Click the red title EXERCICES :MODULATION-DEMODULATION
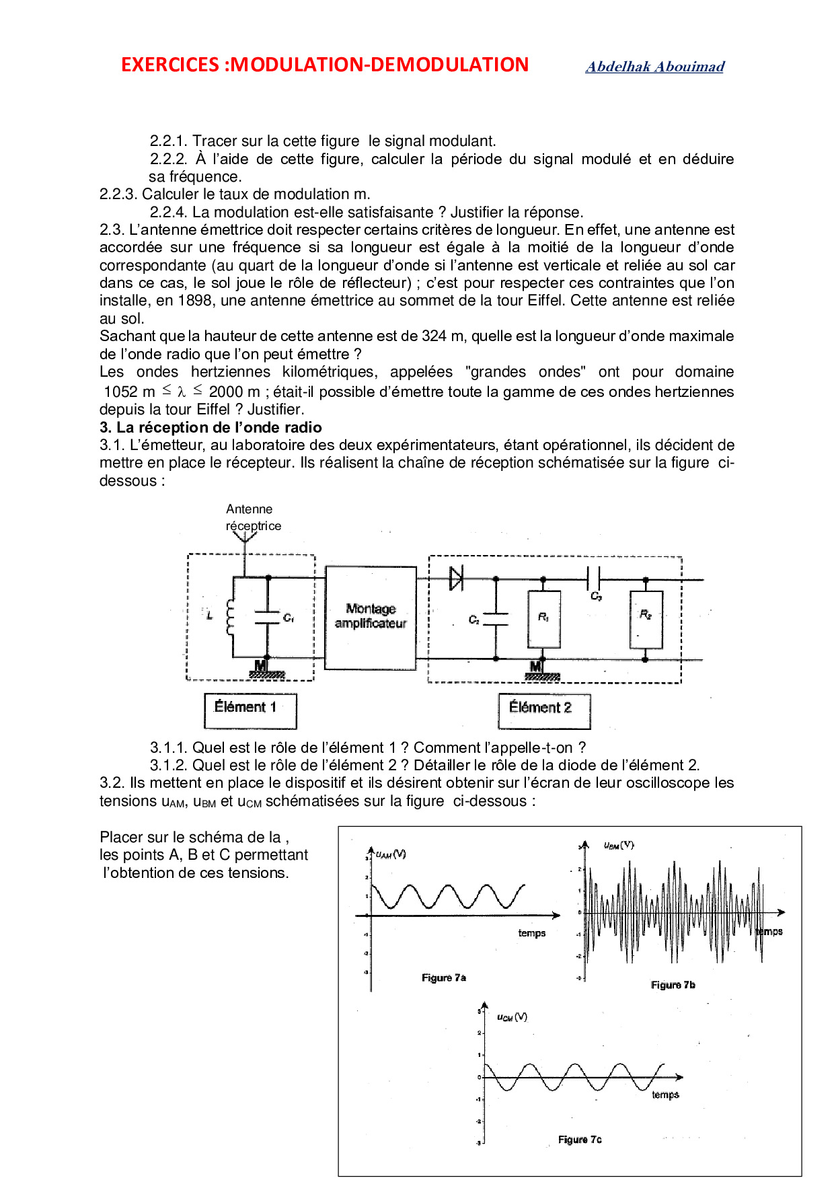point(325,65)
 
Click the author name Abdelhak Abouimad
point(654,67)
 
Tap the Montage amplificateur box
point(371,617)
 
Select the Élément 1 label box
point(250,710)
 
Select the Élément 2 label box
point(544,710)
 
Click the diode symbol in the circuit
point(456,578)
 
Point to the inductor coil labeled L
point(230,617)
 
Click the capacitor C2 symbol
point(496,619)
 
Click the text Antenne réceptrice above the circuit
point(252,517)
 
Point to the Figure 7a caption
point(444,978)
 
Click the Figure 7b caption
point(673,985)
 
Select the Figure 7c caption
point(580,1140)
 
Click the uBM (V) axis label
point(619,845)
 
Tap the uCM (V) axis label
point(512,1017)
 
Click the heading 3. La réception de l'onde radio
point(211,427)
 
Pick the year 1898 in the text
point(195,301)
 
